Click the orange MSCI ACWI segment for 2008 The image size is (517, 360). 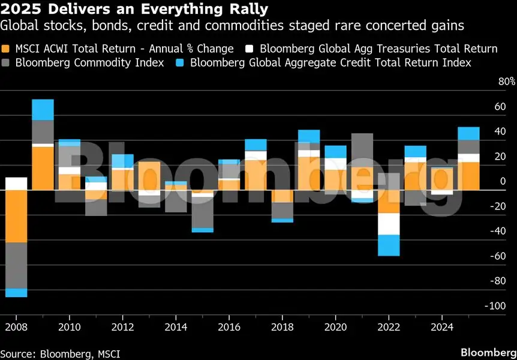[x=16, y=216]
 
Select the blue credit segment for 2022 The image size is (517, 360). [x=389, y=245]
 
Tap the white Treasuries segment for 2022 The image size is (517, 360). [x=389, y=224]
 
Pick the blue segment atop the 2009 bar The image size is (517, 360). [x=43, y=110]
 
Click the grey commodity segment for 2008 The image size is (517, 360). [x=16, y=265]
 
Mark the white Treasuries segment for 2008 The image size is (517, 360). [x=16, y=184]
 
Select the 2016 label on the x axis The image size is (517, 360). [x=229, y=327]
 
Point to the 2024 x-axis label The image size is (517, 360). [x=442, y=327]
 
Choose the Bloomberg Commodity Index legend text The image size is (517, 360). [x=89, y=62]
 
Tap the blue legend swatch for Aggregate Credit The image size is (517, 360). [x=179, y=62]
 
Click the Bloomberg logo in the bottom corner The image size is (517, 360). [x=486, y=350]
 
